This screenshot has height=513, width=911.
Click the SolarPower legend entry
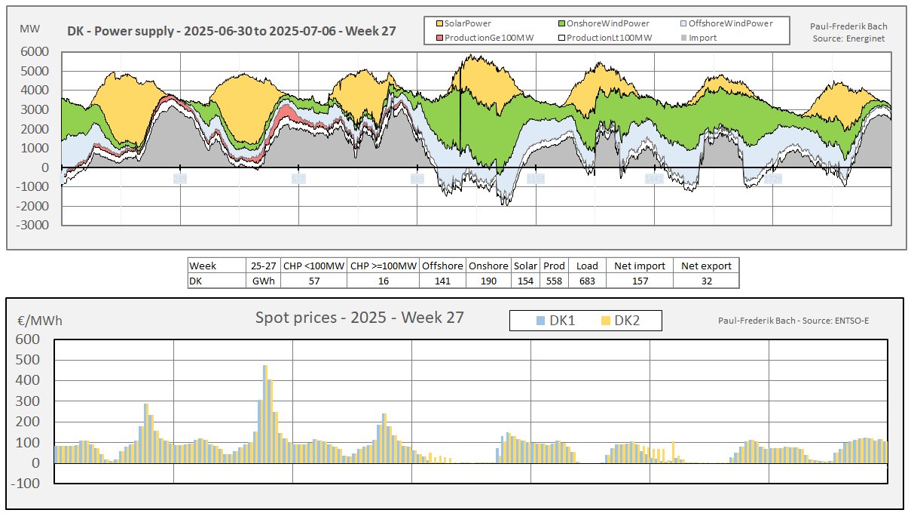pos(467,24)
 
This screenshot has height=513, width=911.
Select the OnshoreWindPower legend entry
pos(605,24)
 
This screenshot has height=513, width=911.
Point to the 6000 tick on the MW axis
pos(36,52)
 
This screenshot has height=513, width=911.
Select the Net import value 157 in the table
pos(637,281)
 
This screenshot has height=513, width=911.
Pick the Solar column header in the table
pos(524,266)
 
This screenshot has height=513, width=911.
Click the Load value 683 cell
pos(587,281)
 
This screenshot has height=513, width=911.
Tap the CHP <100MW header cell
pos(313,266)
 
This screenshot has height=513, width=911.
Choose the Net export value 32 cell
pos(706,281)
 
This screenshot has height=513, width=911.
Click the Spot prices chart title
pos(359,318)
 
